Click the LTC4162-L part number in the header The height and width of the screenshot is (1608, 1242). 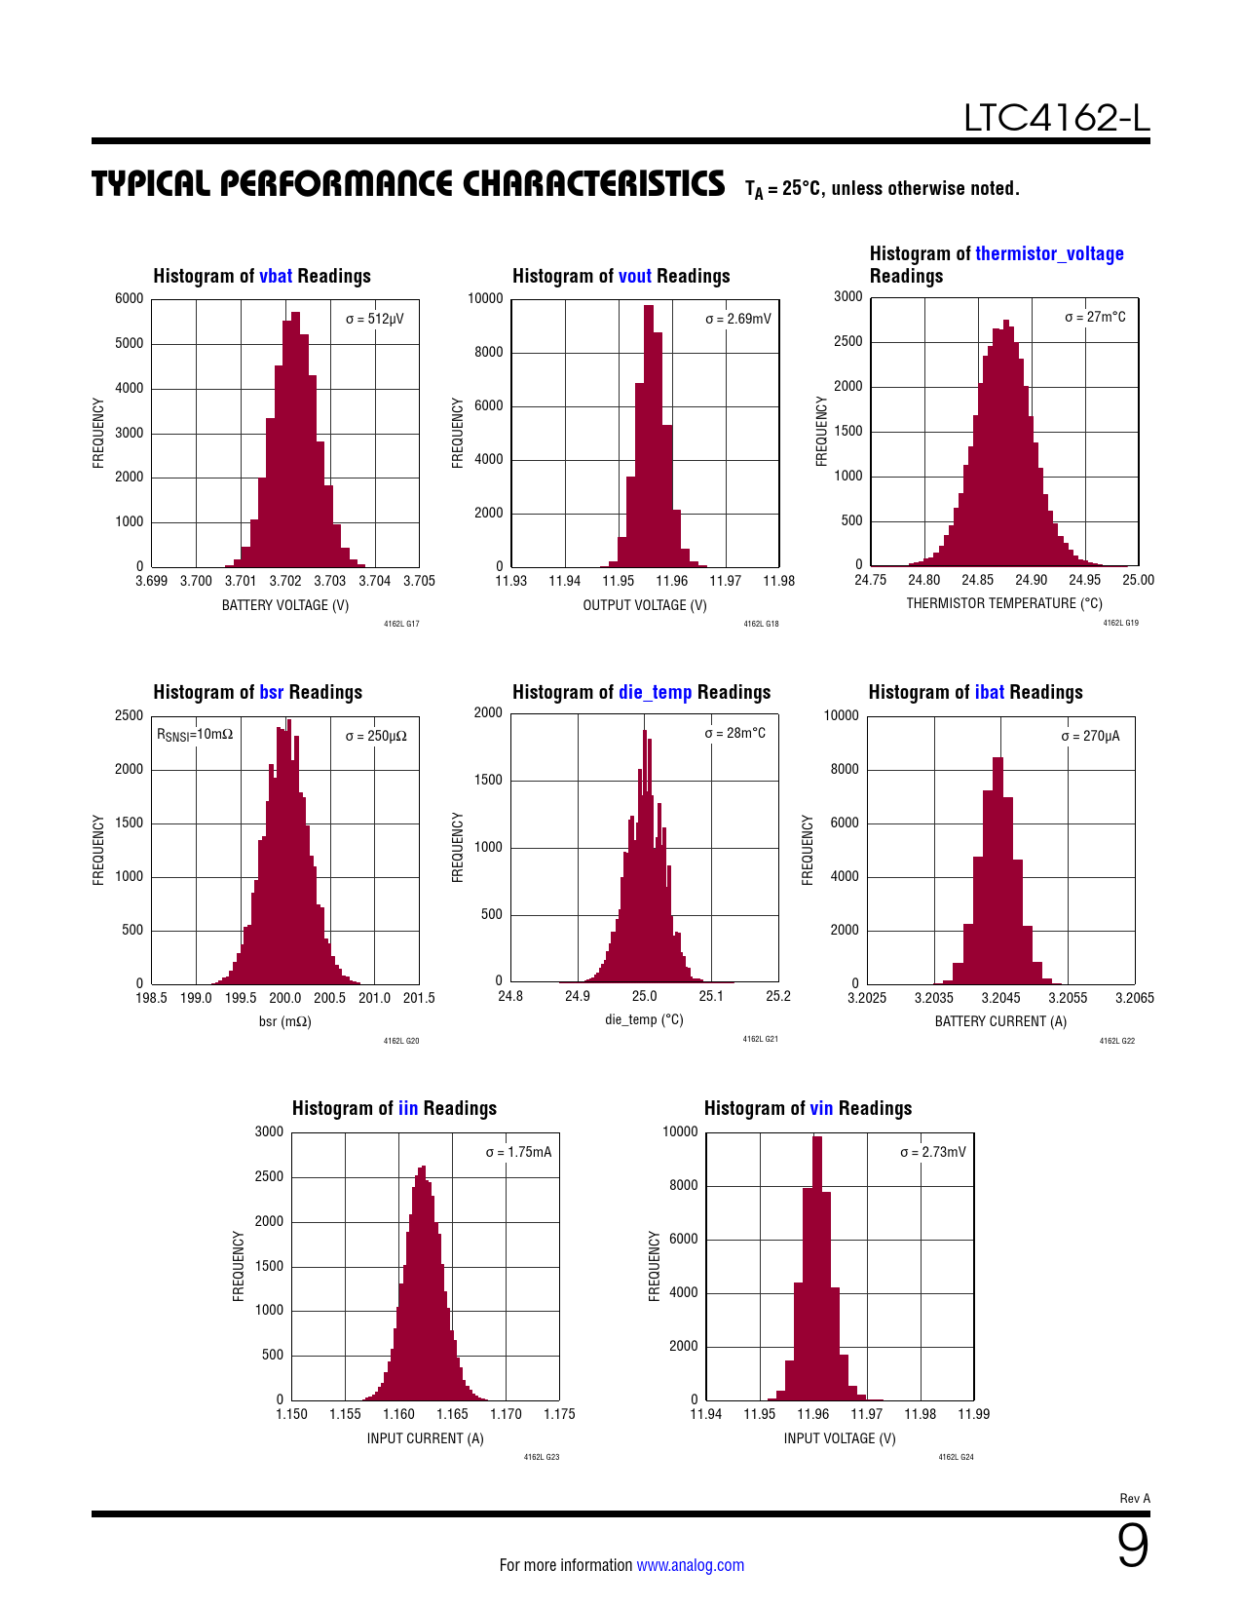click(x=1056, y=118)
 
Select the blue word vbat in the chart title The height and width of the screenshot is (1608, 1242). click(x=276, y=276)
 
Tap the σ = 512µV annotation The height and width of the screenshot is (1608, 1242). click(x=374, y=319)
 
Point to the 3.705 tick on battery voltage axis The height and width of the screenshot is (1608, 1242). click(x=419, y=581)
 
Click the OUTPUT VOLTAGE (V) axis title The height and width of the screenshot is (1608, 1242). click(x=645, y=605)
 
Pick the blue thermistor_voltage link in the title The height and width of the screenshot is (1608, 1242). click(x=1049, y=253)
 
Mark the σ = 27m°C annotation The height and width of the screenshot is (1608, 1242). click(x=1095, y=317)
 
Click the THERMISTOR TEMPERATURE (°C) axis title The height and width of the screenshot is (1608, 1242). click(x=1004, y=603)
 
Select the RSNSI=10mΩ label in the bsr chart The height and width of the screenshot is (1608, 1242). click(x=195, y=735)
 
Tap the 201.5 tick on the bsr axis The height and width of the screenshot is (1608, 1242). click(x=419, y=998)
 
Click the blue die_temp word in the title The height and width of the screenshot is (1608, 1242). click(x=655, y=692)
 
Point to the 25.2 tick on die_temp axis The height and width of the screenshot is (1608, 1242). click(x=778, y=996)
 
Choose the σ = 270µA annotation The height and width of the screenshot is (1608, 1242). click(x=1090, y=736)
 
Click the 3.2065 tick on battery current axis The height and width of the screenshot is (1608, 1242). click(x=1135, y=998)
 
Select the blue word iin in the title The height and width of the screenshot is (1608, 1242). click(x=408, y=1108)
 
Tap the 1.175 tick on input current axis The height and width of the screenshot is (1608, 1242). click(x=559, y=1414)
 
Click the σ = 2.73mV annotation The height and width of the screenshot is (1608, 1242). click(x=933, y=1152)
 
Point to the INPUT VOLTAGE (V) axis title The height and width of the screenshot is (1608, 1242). click(x=840, y=1438)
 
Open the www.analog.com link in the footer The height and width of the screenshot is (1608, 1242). click(x=690, y=1565)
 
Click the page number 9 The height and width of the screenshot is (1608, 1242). click(x=1132, y=1546)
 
